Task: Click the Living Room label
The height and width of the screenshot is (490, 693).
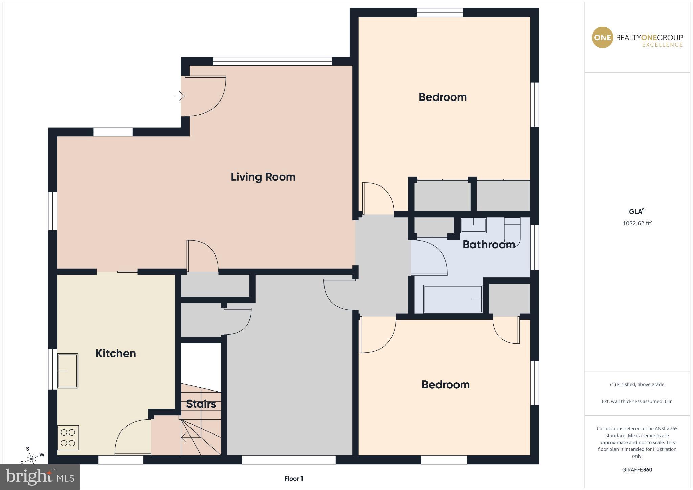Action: (263, 177)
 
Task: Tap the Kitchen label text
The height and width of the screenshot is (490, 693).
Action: (116, 353)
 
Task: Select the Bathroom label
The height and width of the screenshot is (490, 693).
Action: (489, 244)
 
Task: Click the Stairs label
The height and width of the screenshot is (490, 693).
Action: (201, 404)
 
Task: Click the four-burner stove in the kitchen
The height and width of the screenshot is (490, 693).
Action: (68, 438)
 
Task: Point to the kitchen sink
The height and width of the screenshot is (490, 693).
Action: (68, 371)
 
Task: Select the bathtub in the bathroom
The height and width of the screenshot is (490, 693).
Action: (453, 299)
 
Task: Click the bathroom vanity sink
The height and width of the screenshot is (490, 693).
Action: (473, 225)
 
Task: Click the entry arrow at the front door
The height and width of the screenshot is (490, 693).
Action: (180, 96)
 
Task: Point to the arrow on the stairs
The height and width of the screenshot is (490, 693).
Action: (185, 438)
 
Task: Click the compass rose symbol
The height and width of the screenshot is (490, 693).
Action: (32, 459)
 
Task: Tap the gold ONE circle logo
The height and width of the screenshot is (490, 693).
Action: (602, 38)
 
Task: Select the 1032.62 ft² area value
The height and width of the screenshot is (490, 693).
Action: (637, 223)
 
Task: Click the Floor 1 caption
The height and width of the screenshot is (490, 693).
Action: (293, 478)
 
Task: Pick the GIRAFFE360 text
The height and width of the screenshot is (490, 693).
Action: (637, 470)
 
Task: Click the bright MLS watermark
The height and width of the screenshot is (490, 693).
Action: (40, 477)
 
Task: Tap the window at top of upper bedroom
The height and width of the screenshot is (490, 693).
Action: (440, 13)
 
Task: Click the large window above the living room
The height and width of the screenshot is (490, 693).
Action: (272, 61)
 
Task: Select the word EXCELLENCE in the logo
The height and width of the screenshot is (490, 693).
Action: (662, 45)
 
